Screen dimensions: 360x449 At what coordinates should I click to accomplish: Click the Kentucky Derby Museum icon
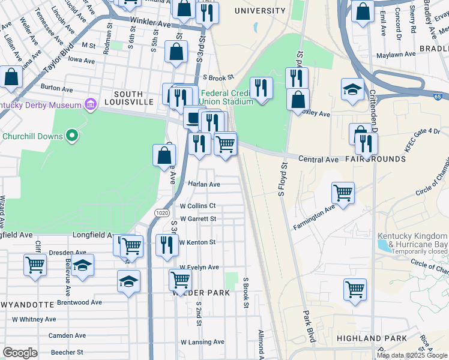tap(91, 105)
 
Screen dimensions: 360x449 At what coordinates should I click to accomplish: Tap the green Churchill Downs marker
tap(72, 136)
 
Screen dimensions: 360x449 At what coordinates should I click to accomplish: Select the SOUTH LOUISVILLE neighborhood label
tap(128, 98)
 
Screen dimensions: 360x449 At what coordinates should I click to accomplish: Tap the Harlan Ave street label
tap(204, 184)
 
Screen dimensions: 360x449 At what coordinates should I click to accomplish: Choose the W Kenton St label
tap(197, 242)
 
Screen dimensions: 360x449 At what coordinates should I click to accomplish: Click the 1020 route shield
tap(161, 213)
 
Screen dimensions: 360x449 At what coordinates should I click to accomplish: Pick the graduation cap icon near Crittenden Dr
tap(352, 89)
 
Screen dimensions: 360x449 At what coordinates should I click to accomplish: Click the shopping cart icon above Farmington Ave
tap(343, 193)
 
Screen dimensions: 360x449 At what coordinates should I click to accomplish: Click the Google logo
tap(20, 353)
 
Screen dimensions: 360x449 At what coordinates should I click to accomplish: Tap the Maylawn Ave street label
tap(396, 54)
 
